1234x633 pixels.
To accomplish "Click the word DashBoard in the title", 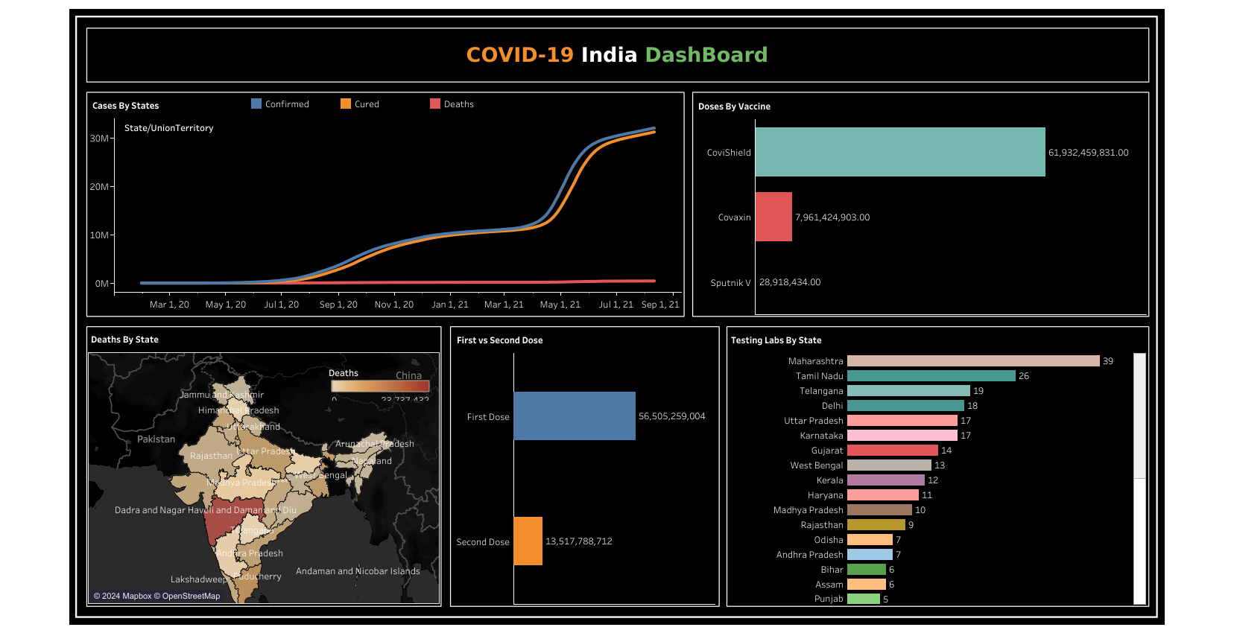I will (x=706, y=55).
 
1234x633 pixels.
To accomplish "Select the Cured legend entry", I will (x=366, y=104).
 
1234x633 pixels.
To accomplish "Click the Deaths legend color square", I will (x=435, y=104).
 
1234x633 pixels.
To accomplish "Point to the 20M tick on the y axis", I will (x=99, y=187).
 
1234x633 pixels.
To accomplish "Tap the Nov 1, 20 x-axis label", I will (x=393, y=305).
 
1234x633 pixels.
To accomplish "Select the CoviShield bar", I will (x=899, y=152).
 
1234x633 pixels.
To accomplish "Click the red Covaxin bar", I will (x=773, y=217).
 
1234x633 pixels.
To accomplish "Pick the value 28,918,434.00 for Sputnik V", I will (x=789, y=282).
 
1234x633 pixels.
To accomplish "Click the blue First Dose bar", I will (x=574, y=416).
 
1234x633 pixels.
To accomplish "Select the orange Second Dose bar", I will (x=528, y=541).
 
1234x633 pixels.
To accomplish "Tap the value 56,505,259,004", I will (x=671, y=416).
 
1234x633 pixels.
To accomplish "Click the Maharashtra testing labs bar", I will (x=972, y=361).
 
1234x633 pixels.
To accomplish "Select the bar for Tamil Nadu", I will (x=931, y=376).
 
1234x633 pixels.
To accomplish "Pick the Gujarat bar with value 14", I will (x=892, y=451).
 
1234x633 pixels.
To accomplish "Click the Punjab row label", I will (x=828, y=599).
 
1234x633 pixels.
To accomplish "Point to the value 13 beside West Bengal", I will (x=939, y=465).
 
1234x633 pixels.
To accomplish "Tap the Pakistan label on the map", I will (x=156, y=439).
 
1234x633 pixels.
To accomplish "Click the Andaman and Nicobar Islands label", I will (x=358, y=571).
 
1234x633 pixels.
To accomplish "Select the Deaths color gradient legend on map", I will (x=380, y=386).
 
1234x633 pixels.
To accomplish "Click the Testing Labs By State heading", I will (x=776, y=340).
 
